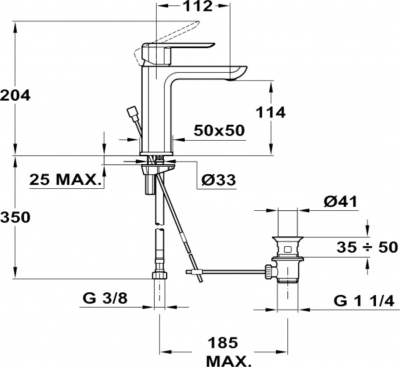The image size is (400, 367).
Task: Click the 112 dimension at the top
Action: (x=198, y=6)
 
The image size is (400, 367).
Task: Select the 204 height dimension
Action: (x=15, y=95)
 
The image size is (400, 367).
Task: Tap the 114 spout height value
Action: (x=271, y=112)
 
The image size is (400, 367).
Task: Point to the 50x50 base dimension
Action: (x=219, y=131)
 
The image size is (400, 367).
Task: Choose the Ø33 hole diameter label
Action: (x=219, y=180)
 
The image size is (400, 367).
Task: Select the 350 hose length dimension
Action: (x=15, y=218)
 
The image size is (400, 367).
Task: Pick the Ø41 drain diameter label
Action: (x=341, y=202)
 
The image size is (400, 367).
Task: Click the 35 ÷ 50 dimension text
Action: (x=367, y=247)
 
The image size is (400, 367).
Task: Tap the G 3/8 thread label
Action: (x=105, y=298)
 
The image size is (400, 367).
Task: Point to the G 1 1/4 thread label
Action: (x=364, y=301)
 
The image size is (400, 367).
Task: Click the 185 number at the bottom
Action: (x=223, y=342)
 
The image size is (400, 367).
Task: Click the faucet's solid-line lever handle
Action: (x=177, y=53)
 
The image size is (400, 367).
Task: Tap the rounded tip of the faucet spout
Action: (x=239, y=72)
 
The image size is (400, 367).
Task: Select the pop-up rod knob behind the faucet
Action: (x=132, y=113)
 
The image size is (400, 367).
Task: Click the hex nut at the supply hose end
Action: (x=160, y=276)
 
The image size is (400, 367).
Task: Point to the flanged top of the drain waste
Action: (x=287, y=240)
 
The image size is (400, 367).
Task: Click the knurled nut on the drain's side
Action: (x=269, y=272)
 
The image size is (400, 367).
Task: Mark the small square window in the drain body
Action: (x=287, y=249)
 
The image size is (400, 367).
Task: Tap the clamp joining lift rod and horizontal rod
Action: (x=198, y=272)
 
